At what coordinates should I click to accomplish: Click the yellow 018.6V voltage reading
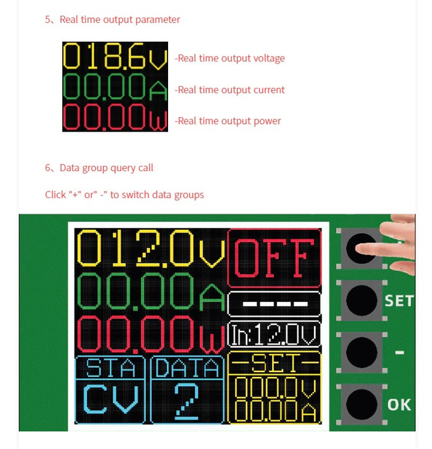click(x=115, y=56)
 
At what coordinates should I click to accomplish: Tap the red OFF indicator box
click(x=274, y=258)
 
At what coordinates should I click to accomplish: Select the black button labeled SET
click(x=362, y=300)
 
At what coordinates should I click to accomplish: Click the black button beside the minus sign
click(x=362, y=352)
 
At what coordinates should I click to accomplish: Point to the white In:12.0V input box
click(x=274, y=334)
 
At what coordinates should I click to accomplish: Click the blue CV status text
click(x=111, y=399)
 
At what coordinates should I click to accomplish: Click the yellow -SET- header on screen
click(x=274, y=363)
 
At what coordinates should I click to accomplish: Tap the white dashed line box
click(x=274, y=304)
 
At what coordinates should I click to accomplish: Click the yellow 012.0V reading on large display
click(x=151, y=248)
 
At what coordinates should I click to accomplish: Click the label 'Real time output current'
click(x=231, y=90)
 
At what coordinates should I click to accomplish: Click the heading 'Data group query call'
click(x=107, y=168)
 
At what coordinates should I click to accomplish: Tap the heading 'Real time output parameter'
click(x=120, y=20)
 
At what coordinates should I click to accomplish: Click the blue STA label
click(x=111, y=367)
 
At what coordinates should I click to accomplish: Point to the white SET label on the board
click(x=400, y=301)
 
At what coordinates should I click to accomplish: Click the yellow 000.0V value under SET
click(x=275, y=388)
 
